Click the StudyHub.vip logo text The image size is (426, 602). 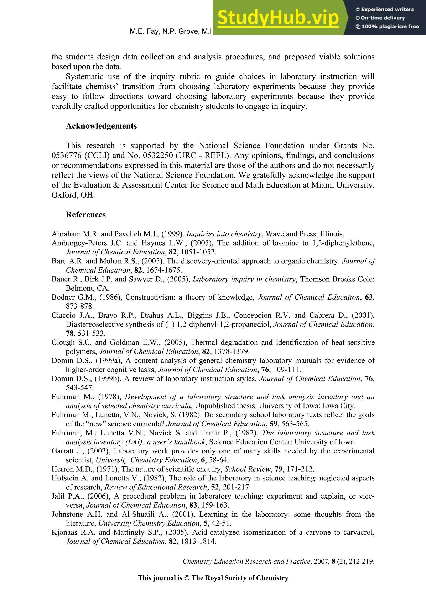[x=278, y=18]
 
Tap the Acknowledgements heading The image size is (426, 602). [x=101, y=126]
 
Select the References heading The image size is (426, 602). [x=86, y=215]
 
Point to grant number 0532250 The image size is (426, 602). [x=158, y=155]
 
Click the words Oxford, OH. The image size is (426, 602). [x=73, y=195]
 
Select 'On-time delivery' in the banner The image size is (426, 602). [x=383, y=18]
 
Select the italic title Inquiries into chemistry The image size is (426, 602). [x=224, y=234]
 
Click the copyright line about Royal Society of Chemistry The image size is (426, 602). [x=213, y=578]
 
